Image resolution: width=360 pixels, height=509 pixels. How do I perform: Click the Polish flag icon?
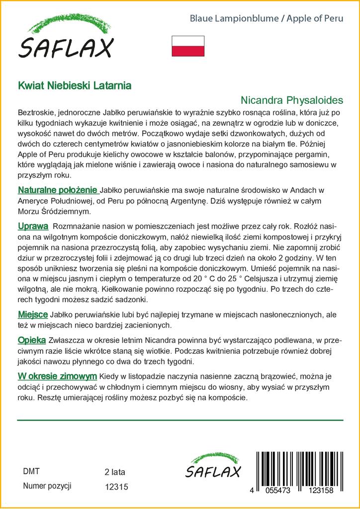click(x=188, y=46)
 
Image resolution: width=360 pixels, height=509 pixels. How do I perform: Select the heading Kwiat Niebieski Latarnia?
click(x=75, y=85)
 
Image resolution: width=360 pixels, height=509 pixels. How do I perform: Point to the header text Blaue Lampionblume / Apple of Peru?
click(x=267, y=19)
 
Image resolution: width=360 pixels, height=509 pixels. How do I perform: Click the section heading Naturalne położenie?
click(x=58, y=190)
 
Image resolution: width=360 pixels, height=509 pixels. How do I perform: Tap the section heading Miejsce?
click(x=33, y=315)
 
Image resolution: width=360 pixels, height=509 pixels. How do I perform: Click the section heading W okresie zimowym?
click(x=57, y=376)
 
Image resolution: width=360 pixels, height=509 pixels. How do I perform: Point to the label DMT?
click(x=31, y=471)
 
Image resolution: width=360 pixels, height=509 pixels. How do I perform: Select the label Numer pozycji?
click(x=48, y=486)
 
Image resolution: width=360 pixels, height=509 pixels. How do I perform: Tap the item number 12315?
click(x=117, y=488)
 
